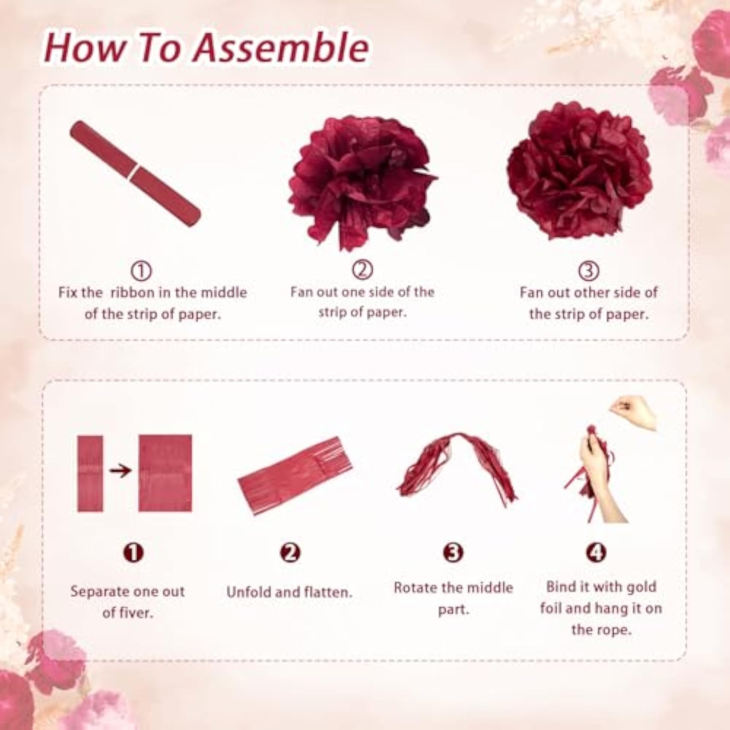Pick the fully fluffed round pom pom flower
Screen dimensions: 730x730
coord(579,173)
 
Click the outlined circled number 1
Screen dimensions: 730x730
coord(141,271)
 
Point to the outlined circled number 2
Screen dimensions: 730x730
coord(362,270)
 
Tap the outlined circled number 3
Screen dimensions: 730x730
coord(588,271)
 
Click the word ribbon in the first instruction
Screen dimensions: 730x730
coord(133,292)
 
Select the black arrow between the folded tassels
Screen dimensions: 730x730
coord(120,471)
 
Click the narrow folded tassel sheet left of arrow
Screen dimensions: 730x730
coord(91,473)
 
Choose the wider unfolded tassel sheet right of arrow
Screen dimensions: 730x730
coord(165,473)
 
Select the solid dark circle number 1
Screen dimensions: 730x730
coord(133,552)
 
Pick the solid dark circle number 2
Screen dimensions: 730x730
coord(290,552)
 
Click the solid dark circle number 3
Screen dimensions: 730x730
coord(453,552)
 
